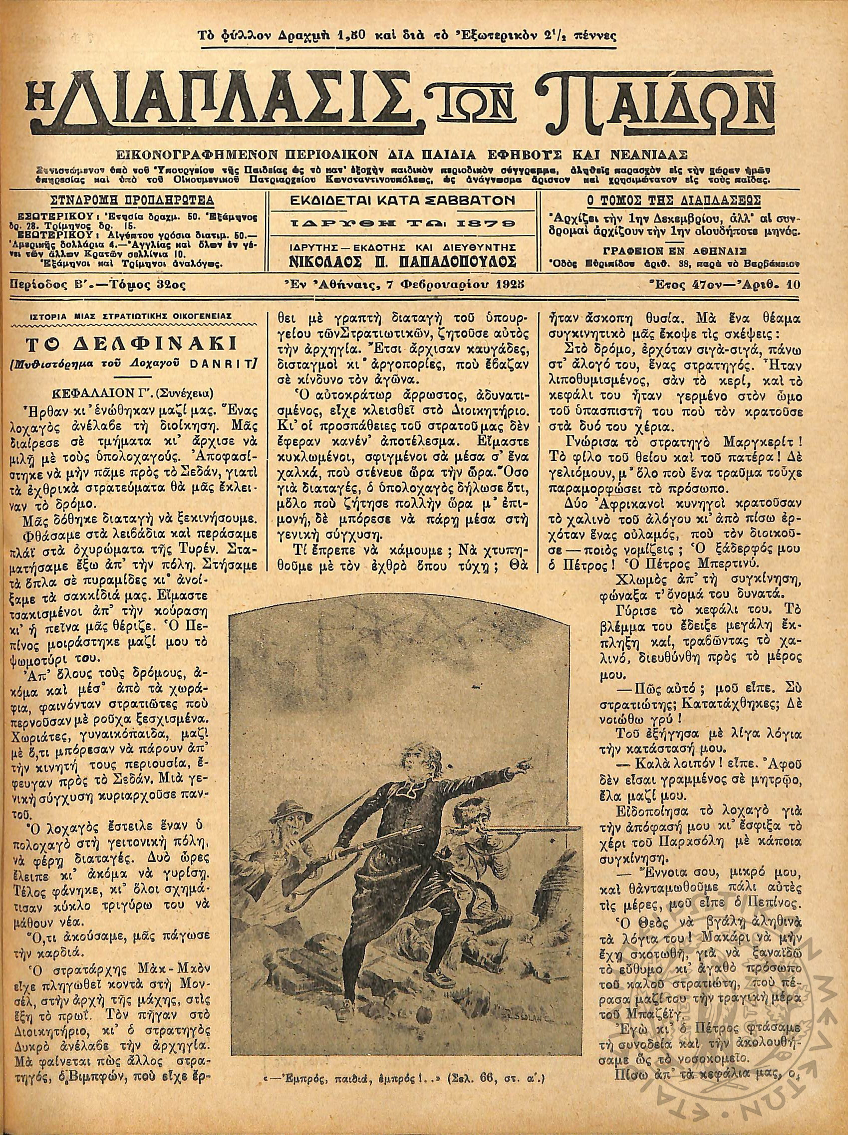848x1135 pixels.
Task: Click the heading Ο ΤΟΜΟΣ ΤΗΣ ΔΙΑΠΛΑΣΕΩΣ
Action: click(673, 199)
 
